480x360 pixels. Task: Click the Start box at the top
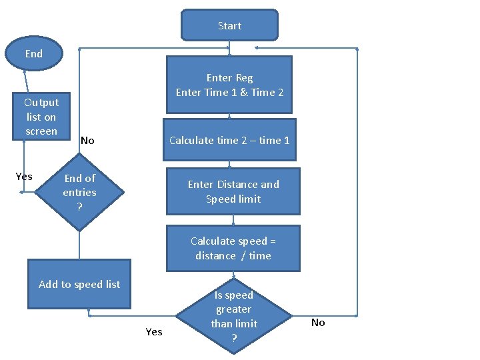(229, 25)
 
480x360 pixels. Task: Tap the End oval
(34, 53)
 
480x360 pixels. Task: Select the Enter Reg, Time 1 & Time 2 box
(229, 85)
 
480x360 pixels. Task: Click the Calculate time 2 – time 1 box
(229, 140)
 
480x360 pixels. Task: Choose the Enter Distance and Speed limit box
(233, 191)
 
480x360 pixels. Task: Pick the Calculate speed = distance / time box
(233, 248)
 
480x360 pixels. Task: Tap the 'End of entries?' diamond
(79, 192)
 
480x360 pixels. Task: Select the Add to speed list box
(79, 284)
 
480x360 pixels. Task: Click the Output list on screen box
(41, 117)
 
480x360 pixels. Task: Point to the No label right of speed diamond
(318, 323)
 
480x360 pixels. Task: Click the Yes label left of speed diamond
(154, 331)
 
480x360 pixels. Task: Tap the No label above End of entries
(87, 141)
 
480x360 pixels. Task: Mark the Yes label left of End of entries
(24, 177)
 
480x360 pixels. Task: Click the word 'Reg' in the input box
(243, 78)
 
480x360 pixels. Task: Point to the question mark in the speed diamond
(234, 338)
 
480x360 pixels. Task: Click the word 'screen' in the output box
(41, 131)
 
